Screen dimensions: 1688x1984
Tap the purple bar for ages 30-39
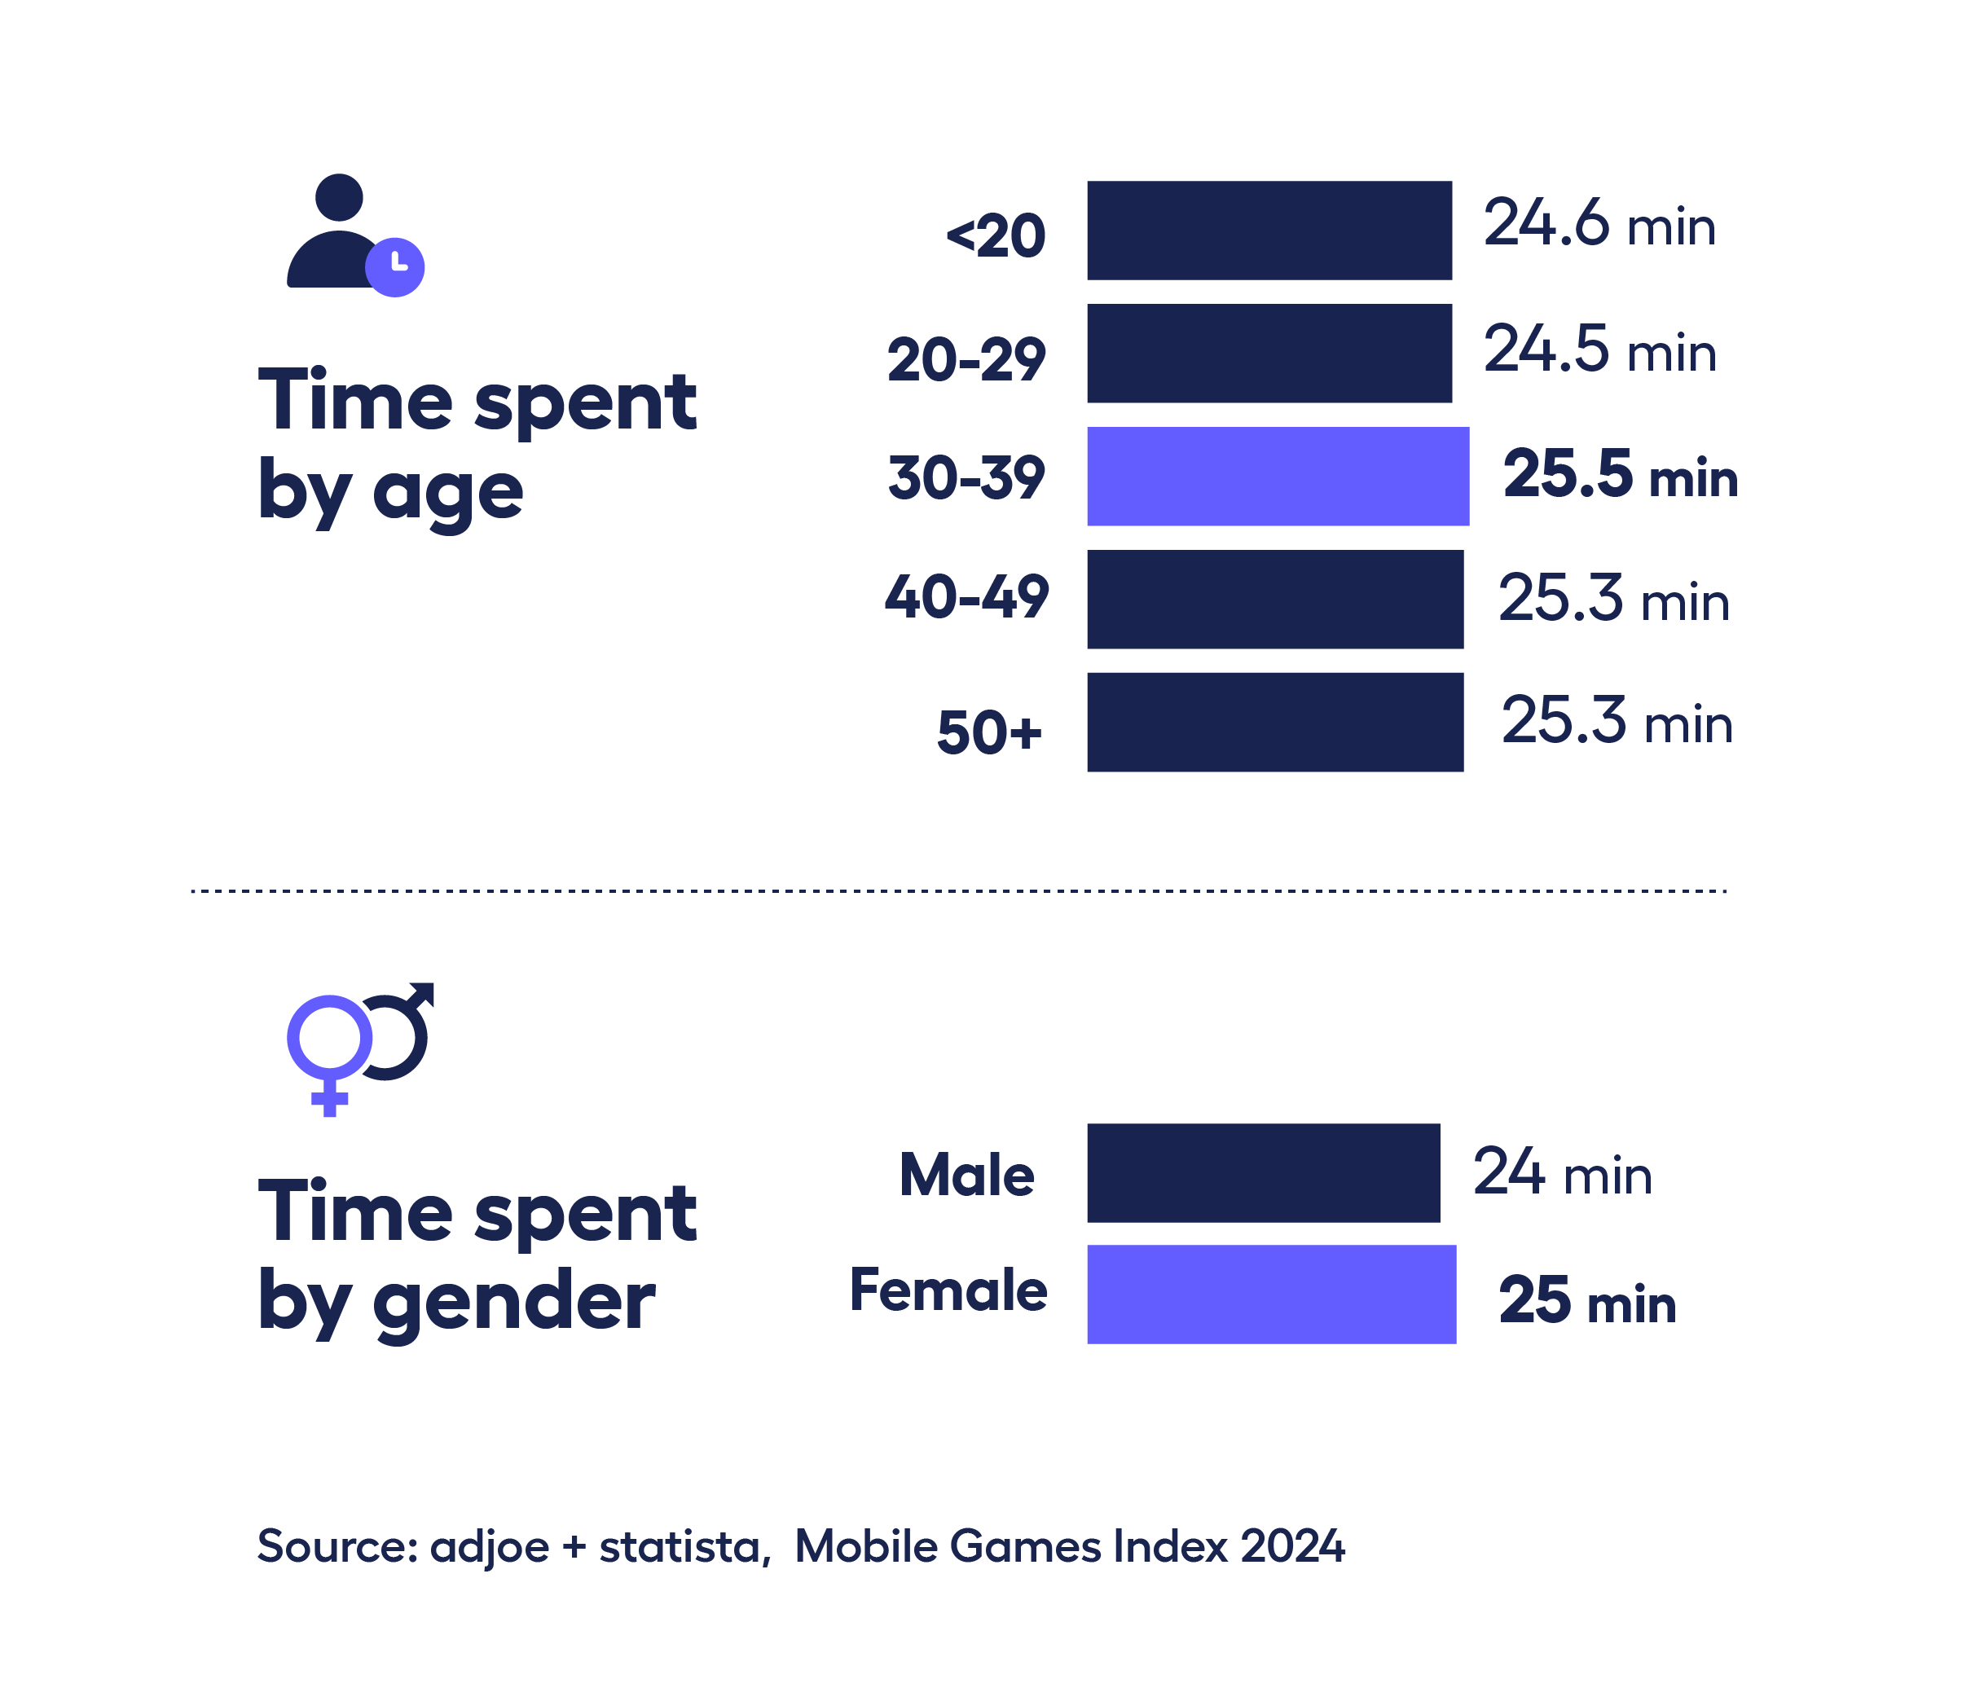1277,476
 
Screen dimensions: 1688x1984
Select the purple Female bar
1270,1294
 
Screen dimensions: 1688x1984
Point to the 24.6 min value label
1599,225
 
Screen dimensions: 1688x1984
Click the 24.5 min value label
1599,349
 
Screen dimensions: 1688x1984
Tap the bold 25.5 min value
1619,475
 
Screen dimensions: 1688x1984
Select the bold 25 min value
1586,1300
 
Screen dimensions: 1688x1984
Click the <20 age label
996,235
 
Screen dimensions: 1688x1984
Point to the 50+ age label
988,732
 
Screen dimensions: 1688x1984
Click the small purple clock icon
394,267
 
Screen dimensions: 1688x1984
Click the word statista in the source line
680,1546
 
